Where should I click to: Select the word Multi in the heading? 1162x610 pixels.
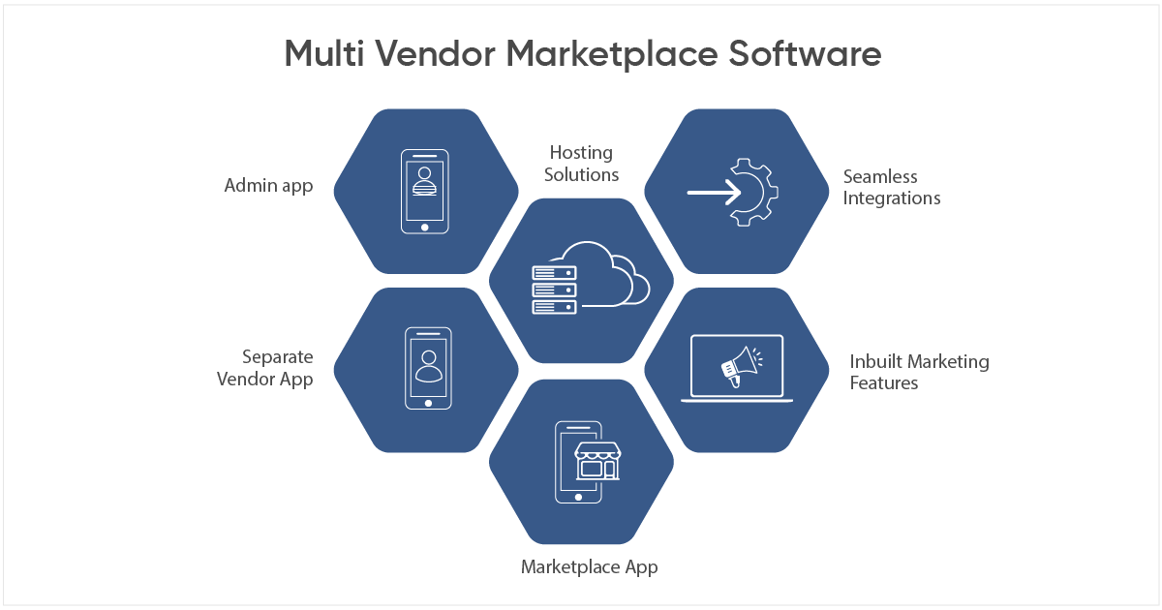click(324, 54)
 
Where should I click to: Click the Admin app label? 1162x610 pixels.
click(268, 186)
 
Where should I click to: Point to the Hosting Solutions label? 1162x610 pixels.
click(581, 164)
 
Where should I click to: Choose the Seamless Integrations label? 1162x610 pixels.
click(891, 188)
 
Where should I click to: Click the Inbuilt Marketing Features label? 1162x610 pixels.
click(919, 372)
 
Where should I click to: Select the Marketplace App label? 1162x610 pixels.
click(589, 567)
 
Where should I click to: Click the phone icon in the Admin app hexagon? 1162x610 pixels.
click(425, 191)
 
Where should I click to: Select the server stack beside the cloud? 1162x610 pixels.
click(554, 289)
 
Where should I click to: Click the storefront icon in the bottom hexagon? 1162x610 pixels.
click(596, 462)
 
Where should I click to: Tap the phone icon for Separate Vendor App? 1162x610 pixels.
click(427, 368)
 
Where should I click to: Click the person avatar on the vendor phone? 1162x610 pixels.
click(427, 364)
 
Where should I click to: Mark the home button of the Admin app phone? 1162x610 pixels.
click(425, 227)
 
